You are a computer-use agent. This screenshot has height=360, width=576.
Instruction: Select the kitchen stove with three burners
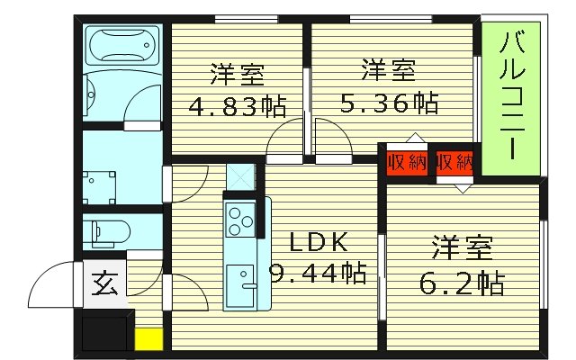click(240, 219)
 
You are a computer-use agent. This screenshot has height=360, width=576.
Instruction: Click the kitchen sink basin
click(240, 282)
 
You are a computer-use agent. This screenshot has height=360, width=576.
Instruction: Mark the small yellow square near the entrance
click(148, 339)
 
